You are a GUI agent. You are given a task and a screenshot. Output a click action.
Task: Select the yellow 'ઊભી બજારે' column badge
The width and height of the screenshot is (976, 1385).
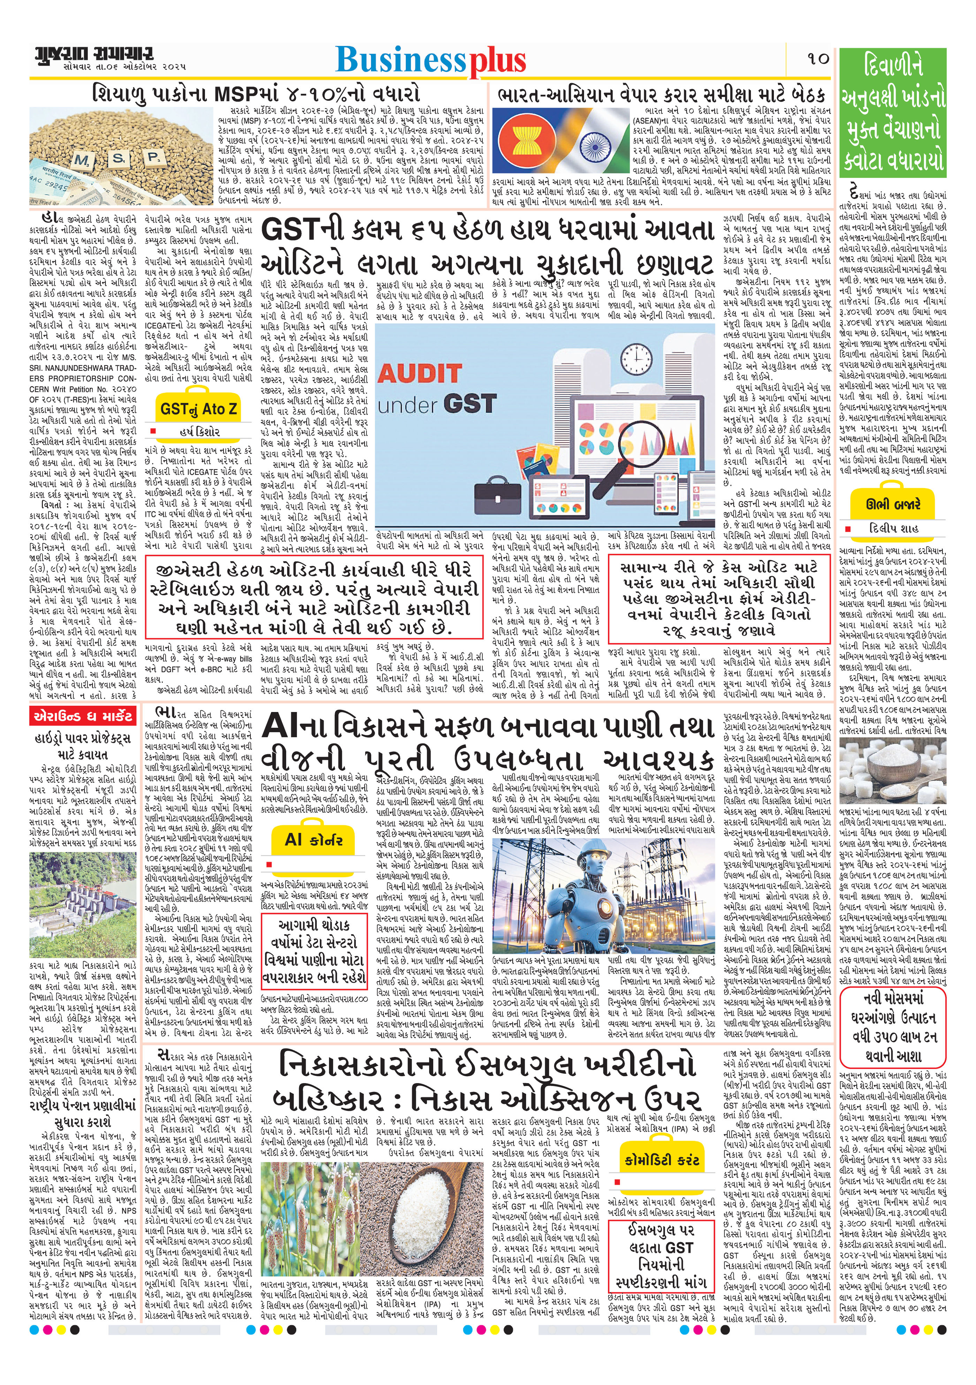tap(893, 505)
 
